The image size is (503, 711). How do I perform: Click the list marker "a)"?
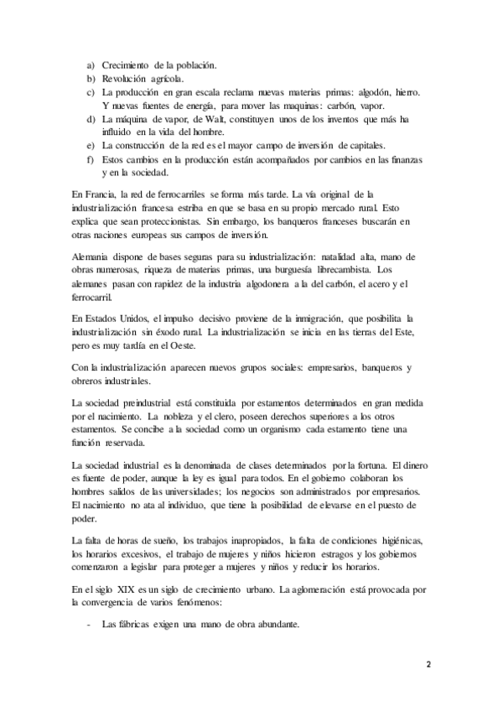(90, 65)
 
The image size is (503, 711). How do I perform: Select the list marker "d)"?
(90, 120)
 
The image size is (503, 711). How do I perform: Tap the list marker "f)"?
(90, 159)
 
